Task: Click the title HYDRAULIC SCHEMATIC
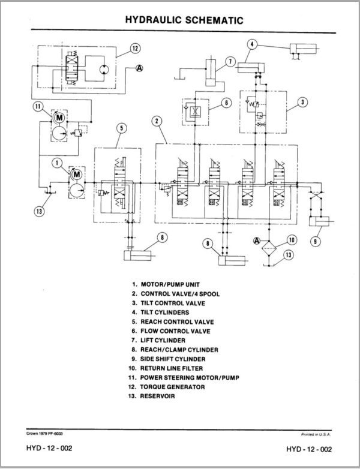(x=184, y=20)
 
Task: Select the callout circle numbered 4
(x=253, y=44)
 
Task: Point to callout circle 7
(x=229, y=61)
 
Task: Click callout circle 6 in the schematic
(x=226, y=103)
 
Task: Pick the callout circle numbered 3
(x=303, y=102)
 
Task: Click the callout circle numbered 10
(x=291, y=240)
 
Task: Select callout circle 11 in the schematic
(x=38, y=108)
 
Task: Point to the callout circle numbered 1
(x=57, y=161)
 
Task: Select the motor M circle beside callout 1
(x=76, y=174)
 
